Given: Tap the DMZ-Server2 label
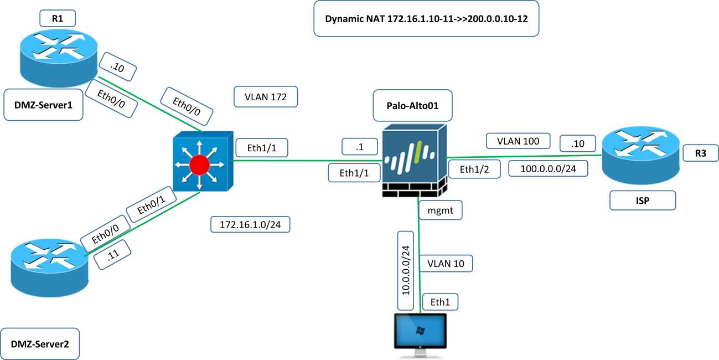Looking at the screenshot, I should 39,344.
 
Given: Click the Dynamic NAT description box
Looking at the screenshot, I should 426,19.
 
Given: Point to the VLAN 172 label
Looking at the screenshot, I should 266,96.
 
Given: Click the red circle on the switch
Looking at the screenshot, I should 199,164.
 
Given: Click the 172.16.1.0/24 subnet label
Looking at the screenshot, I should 251,225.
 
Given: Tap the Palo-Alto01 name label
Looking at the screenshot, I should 413,105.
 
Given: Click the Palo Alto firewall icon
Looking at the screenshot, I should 413,161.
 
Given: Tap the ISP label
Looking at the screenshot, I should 643,200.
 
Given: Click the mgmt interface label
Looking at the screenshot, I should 441,211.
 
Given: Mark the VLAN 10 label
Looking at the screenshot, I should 446,263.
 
